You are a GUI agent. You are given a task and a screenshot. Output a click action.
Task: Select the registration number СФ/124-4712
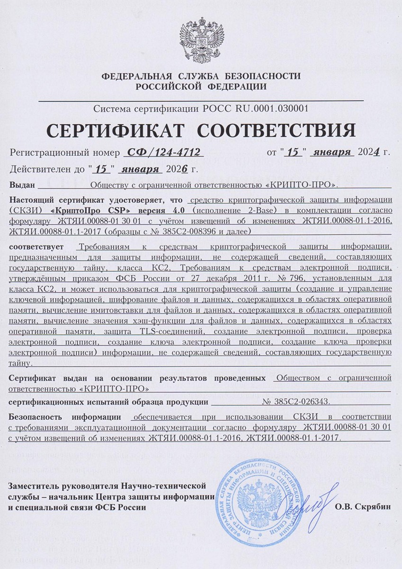(162, 153)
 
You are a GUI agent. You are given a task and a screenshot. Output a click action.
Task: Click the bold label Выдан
(20, 184)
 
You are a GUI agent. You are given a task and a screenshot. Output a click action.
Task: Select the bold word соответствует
(36, 247)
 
